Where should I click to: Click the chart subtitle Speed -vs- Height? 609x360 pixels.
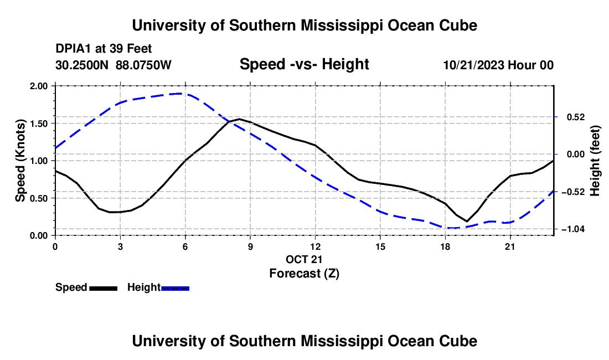coord(304,64)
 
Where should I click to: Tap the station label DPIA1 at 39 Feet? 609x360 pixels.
coord(104,49)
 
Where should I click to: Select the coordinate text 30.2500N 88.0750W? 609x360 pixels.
coord(113,65)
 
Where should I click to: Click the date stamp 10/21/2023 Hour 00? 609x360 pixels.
coord(498,65)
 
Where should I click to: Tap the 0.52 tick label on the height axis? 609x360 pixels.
coord(576,117)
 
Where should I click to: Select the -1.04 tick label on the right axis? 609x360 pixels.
coord(573,229)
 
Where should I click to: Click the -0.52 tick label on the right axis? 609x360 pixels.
coord(573,192)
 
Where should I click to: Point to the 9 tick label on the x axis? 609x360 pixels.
coord(250,246)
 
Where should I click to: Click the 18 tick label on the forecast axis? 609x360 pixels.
coord(445,246)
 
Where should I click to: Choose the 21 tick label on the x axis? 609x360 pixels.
coord(510,246)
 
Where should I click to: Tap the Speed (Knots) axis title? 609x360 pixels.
coord(20,161)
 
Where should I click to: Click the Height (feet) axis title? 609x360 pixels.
coord(595,161)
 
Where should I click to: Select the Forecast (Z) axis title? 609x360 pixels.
coord(304,274)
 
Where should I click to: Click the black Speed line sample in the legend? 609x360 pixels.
coord(104,289)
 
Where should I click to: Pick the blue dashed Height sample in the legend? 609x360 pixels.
coord(175,289)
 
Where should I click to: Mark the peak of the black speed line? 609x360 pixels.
coord(240,119)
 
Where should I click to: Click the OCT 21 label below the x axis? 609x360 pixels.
coord(304,259)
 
